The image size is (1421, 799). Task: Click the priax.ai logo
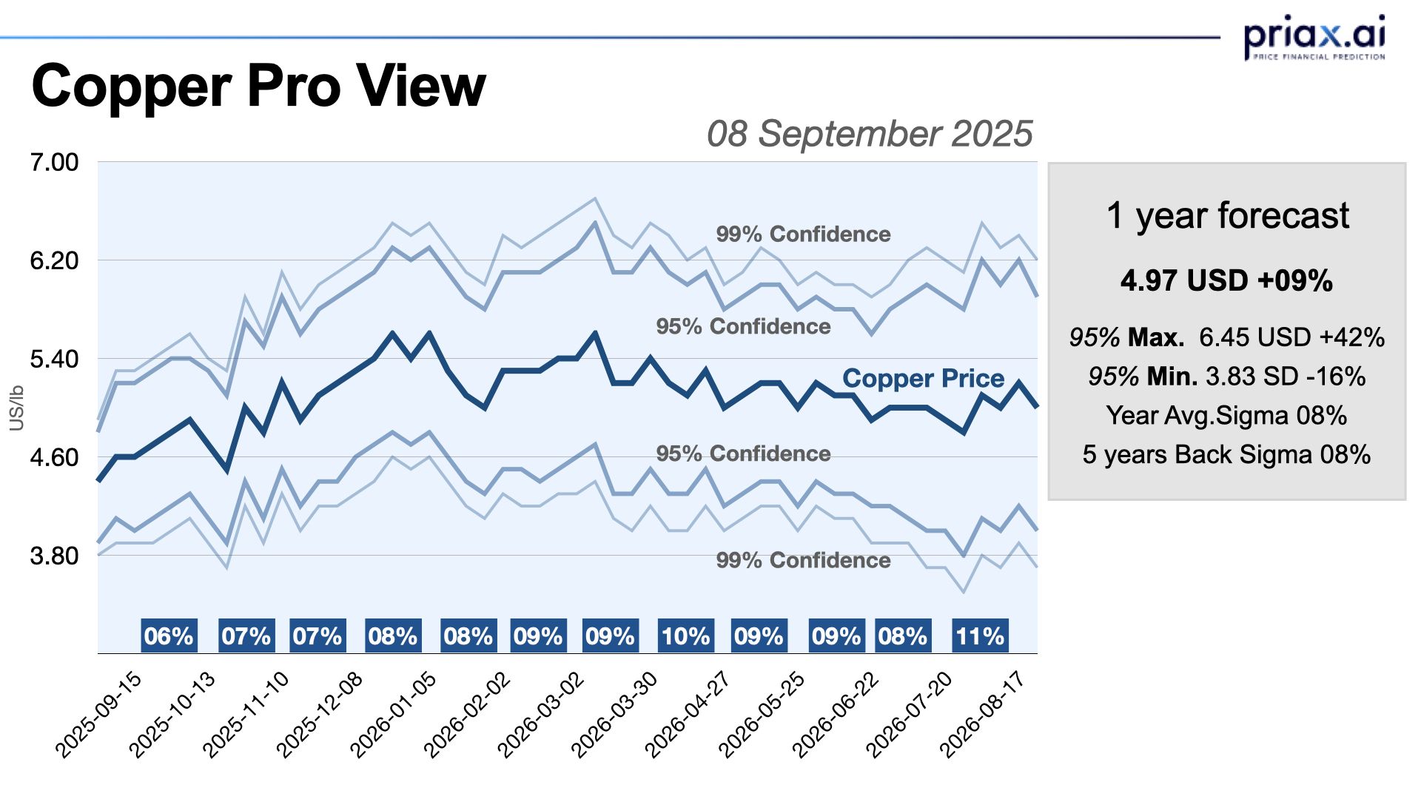coord(1314,37)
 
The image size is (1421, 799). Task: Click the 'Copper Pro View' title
coord(258,86)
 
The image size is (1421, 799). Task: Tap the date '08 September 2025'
coord(869,134)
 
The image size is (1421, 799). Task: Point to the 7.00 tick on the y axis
coord(54,162)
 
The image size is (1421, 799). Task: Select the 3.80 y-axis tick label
coord(54,556)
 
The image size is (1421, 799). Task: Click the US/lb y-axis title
coord(16,408)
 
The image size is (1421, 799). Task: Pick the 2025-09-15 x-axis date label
coord(98,714)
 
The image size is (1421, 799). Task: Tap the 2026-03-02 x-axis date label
coord(541,714)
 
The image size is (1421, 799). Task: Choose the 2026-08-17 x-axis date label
coord(982,714)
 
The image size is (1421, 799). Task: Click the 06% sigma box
coord(169,636)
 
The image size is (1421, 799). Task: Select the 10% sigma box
coord(686,636)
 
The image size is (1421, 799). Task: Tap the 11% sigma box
coord(980,636)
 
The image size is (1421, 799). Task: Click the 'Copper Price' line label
coord(923,378)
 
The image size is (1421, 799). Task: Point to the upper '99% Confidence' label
coord(803,235)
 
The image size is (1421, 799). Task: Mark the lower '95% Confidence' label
coord(743,454)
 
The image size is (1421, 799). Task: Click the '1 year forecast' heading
coord(1227,215)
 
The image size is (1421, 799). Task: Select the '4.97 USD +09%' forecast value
coord(1226,281)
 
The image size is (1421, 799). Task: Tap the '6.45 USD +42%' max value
coord(1291,337)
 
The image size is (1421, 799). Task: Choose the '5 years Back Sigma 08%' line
coord(1226,454)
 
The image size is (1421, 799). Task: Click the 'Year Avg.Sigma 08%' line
coord(1226,415)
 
